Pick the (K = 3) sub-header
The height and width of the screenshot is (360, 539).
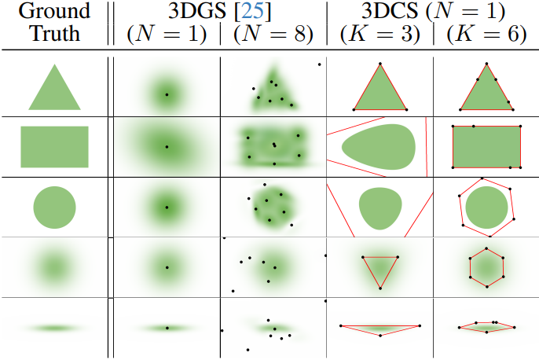379,35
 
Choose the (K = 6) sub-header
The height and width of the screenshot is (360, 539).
486,35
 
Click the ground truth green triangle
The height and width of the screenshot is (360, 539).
54,88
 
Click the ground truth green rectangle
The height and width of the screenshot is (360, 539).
54,147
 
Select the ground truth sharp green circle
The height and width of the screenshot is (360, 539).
54,207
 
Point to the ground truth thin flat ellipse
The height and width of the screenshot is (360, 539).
54,327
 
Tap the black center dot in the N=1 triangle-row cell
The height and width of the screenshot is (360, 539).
167,94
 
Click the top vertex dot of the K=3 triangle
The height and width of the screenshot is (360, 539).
379,63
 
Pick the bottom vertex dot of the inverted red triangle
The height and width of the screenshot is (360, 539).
379,288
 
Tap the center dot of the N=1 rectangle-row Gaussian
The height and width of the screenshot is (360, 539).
167,147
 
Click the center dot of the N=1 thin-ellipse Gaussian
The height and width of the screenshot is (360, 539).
167,327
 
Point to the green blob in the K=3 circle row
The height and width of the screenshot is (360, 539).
382,207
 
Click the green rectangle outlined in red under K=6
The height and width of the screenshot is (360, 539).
486,146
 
